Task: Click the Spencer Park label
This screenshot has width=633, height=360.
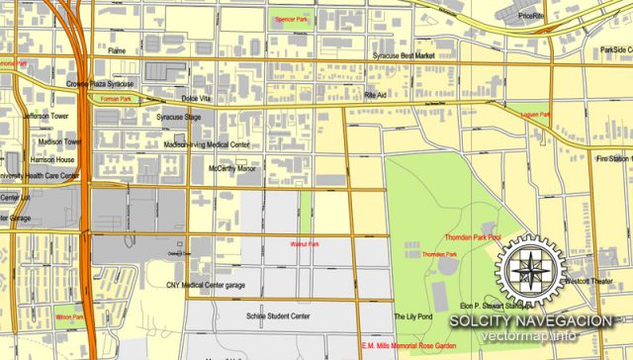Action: pos(292,20)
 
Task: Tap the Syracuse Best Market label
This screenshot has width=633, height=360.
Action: pos(403,56)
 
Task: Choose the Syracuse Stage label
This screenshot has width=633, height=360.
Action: pos(179,118)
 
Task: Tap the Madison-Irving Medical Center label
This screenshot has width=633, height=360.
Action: pos(206,144)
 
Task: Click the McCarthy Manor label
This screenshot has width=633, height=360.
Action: pos(231,168)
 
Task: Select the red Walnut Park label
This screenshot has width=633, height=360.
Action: pos(305,243)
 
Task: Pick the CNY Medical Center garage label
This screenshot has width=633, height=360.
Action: pos(207,286)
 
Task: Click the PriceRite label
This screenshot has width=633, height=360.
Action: pos(530,16)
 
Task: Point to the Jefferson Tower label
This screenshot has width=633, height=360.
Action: pos(46,116)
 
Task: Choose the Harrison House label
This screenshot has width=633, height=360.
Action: pos(51,159)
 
